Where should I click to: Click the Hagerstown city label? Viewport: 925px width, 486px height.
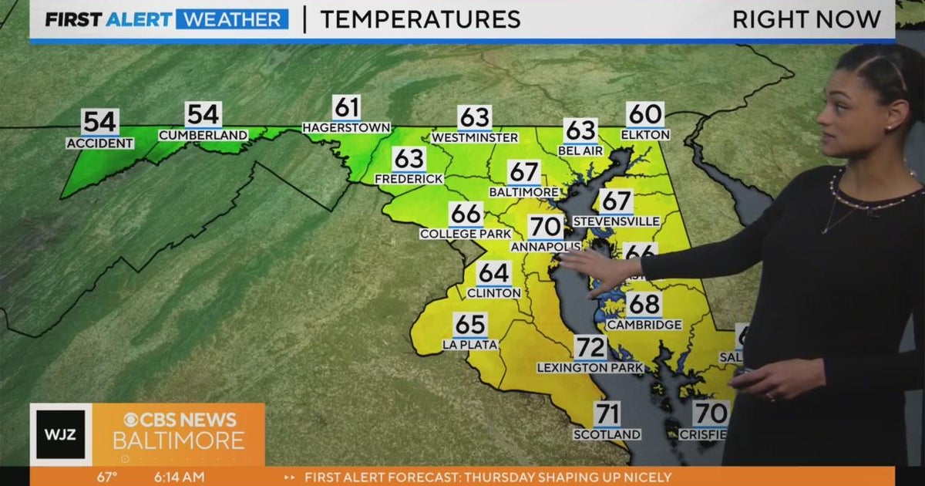coord(346,127)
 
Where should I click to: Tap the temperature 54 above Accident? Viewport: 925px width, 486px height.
coord(100,123)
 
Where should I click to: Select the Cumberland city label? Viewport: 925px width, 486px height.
coord(203,135)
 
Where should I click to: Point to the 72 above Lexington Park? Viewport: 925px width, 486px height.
coord(590,348)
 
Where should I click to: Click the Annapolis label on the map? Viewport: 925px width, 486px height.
coord(545,247)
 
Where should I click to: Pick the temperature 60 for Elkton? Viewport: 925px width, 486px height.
coord(645,115)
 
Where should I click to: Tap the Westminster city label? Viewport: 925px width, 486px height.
coord(474,138)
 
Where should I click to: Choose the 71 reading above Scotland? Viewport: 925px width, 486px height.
coord(607,414)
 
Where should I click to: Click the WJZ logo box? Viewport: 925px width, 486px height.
coord(61,434)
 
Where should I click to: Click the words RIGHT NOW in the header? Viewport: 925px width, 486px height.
coord(806,19)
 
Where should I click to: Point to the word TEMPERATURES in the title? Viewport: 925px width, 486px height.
coord(420,19)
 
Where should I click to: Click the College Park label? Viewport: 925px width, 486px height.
coord(466,234)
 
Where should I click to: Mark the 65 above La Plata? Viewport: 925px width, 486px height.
coord(470,324)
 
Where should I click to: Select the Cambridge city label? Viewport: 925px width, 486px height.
coord(644,325)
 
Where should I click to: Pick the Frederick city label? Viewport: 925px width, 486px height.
coord(409,179)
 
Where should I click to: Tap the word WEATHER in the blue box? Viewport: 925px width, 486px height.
coord(232,19)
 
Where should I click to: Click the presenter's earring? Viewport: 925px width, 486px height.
coord(889,126)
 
